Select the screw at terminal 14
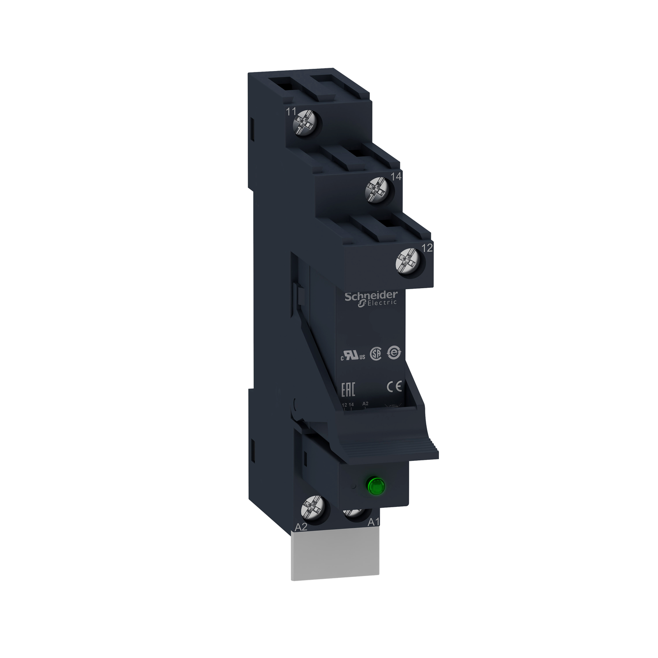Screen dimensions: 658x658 378,189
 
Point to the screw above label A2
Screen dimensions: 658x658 314,507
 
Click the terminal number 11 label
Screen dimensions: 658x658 291,112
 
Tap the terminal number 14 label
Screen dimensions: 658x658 396,176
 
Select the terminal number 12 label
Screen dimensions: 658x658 427,248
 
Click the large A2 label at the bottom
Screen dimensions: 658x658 301,527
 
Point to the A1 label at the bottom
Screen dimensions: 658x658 373,522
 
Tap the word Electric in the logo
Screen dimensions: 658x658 382,303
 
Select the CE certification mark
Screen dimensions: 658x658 394,386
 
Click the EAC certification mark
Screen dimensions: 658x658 348,390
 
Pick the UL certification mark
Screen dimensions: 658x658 353,356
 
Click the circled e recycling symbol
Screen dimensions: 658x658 394,352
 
